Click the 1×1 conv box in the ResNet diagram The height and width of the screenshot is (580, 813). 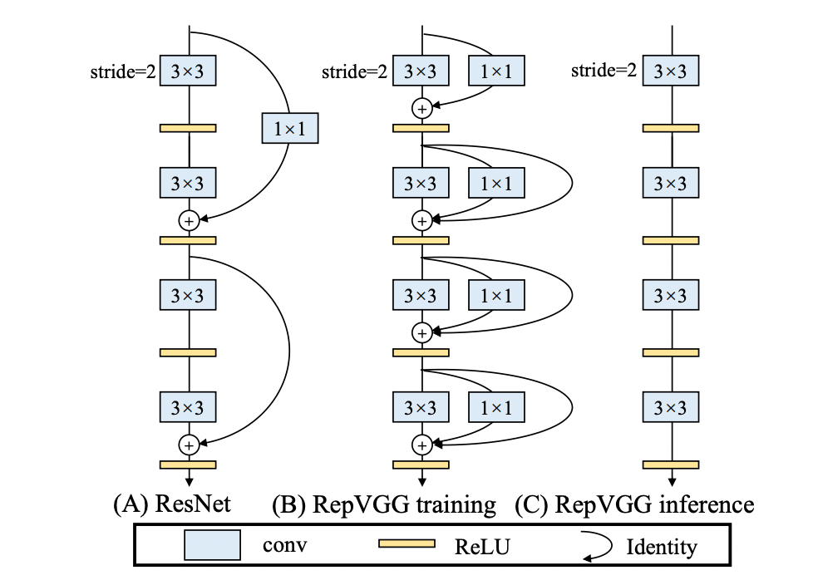(288, 128)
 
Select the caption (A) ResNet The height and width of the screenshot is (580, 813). (171, 504)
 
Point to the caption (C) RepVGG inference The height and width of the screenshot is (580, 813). (634, 504)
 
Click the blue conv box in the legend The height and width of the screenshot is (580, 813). (213, 545)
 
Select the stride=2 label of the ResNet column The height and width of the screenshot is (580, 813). (123, 71)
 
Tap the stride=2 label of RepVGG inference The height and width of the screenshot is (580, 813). (604, 71)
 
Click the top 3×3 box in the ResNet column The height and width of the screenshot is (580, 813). (188, 71)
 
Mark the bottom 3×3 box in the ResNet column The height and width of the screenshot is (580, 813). (188, 407)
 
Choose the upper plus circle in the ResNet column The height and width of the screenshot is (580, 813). (189, 220)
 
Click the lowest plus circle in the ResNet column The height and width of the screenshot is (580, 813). (189, 445)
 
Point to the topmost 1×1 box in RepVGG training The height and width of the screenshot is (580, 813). (496, 71)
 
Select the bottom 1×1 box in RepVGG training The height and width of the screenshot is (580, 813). (496, 407)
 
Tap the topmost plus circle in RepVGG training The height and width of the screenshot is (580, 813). (421, 108)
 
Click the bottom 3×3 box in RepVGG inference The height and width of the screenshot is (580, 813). (671, 407)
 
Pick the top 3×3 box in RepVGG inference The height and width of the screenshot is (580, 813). (671, 71)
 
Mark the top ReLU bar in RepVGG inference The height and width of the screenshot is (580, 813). (671, 128)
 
